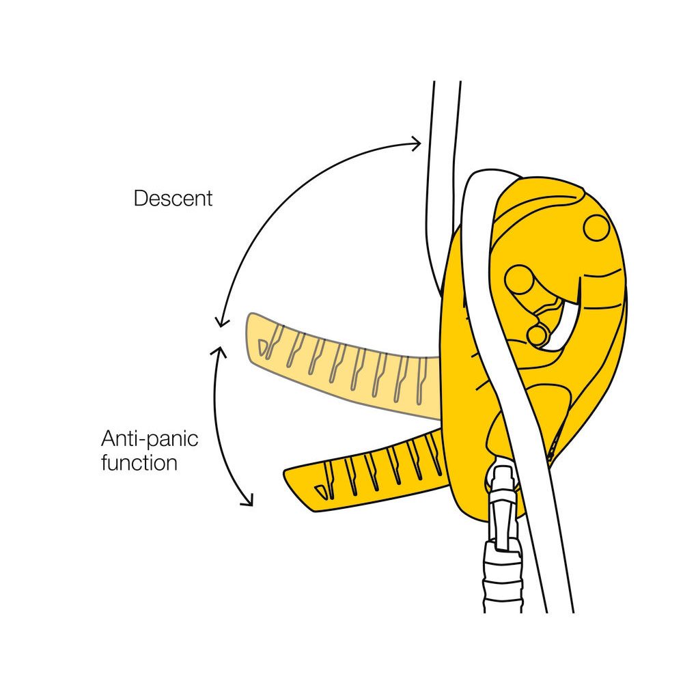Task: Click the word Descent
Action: pos(173,198)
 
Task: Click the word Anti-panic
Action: pos(150,438)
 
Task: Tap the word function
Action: pos(139,462)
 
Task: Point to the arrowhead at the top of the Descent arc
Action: pos(417,143)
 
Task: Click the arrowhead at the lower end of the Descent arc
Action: pos(221,322)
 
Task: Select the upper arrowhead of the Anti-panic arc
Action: pos(219,351)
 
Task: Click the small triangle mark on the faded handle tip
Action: pos(262,347)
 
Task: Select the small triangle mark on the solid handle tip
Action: pos(321,492)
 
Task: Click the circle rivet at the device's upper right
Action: pos(596,227)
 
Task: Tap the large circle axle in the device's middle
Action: pos(519,279)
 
